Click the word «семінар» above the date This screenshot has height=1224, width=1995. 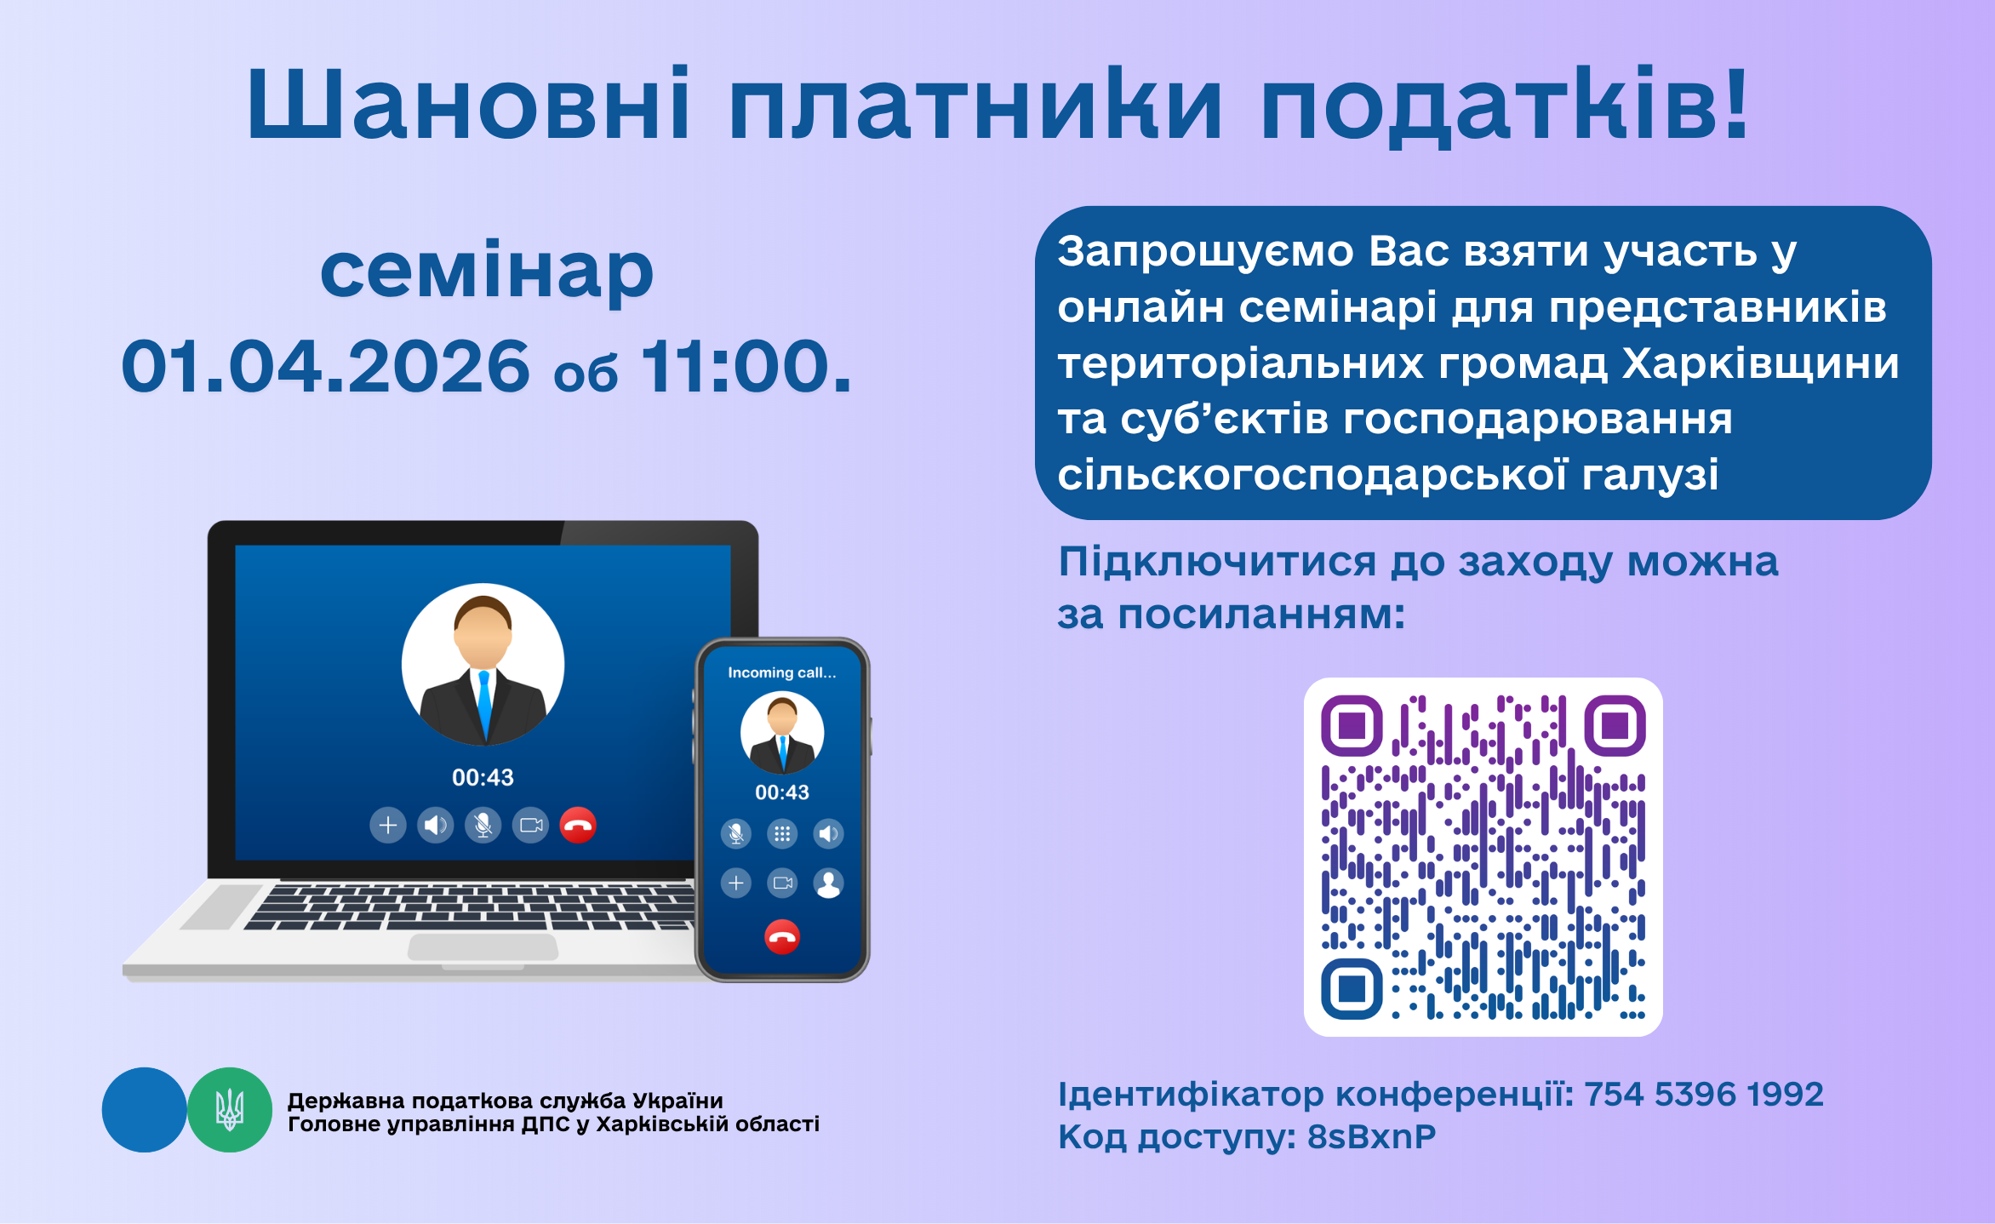click(x=487, y=270)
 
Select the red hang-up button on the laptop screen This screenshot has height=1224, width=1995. click(x=578, y=825)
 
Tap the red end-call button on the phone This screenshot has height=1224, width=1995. click(x=782, y=937)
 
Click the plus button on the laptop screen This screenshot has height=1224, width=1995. click(x=387, y=825)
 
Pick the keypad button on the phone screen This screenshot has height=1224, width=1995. click(x=782, y=833)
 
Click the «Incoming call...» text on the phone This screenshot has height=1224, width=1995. click(x=782, y=672)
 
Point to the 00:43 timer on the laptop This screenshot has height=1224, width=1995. click(x=483, y=777)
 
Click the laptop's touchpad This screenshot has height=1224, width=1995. click(x=483, y=947)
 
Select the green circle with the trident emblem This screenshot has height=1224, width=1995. click(x=230, y=1110)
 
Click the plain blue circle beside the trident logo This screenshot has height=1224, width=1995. click(x=144, y=1110)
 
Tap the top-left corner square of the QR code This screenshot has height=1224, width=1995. click(x=1352, y=726)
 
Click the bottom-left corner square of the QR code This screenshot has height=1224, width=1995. click(x=1352, y=988)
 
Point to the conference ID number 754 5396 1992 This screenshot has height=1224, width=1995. click(x=1704, y=1094)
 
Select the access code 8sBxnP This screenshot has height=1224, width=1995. click(x=1371, y=1136)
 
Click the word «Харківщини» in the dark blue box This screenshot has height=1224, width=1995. click(x=1761, y=363)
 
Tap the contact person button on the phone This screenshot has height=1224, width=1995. click(x=828, y=883)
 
